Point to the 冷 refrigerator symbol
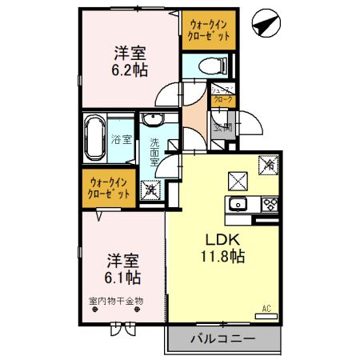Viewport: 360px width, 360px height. click(x=268, y=164)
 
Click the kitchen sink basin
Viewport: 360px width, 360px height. click(x=238, y=204)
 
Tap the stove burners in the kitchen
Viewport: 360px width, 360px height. click(x=270, y=203)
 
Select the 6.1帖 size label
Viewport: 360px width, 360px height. click(x=123, y=278)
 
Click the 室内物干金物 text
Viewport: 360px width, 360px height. click(x=115, y=302)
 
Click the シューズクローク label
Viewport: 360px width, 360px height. click(x=223, y=95)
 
